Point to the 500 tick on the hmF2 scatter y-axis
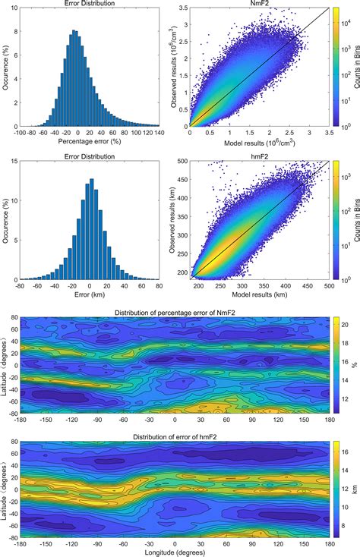(181, 162)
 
